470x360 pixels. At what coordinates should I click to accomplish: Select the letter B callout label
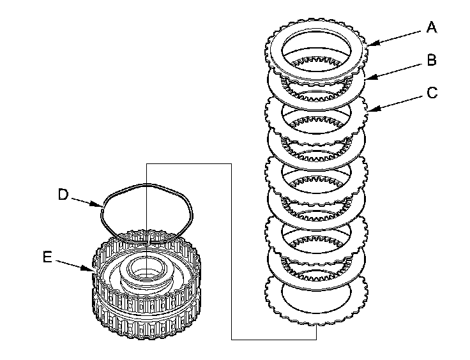(432, 60)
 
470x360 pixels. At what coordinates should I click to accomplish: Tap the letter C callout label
(432, 93)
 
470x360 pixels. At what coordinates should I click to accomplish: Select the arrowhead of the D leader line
(103, 207)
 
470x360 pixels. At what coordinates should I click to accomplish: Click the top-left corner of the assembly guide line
(146, 164)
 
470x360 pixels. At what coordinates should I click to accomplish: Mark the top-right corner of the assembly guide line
(231, 164)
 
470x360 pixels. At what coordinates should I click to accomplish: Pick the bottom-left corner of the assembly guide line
(231, 340)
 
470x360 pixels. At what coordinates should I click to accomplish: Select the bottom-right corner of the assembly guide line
(316, 340)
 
